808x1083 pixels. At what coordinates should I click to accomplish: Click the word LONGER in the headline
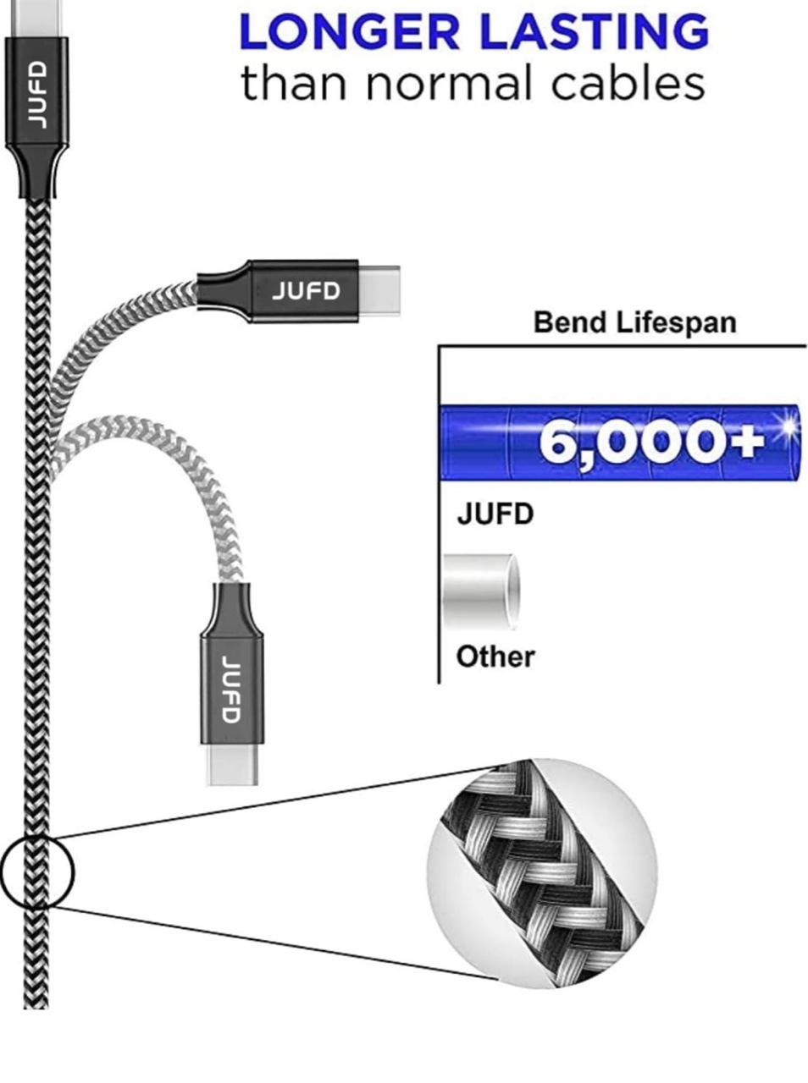coord(350,32)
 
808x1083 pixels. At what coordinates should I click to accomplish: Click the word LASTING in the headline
coord(594,32)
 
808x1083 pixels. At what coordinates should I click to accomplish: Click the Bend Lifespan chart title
coord(634,322)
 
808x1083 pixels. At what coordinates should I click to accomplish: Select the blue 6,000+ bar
coord(618,443)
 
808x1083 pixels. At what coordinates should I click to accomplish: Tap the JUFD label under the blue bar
coord(495,514)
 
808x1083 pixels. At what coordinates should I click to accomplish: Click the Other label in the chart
coord(495,657)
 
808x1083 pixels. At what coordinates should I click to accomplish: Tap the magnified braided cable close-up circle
coord(541,872)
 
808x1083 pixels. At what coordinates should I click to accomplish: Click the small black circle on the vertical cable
coord(37,872)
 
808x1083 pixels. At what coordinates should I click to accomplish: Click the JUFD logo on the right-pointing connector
coord(306,291)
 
